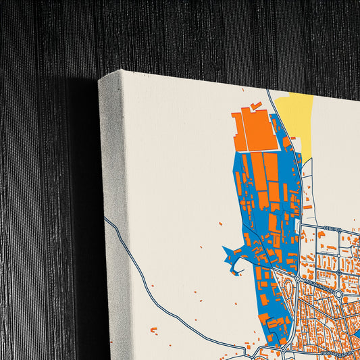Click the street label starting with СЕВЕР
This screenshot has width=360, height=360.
pyautogui.click(x=332, y=228)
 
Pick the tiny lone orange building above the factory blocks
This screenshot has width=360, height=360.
pyautogui.click(x=220, y=223)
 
